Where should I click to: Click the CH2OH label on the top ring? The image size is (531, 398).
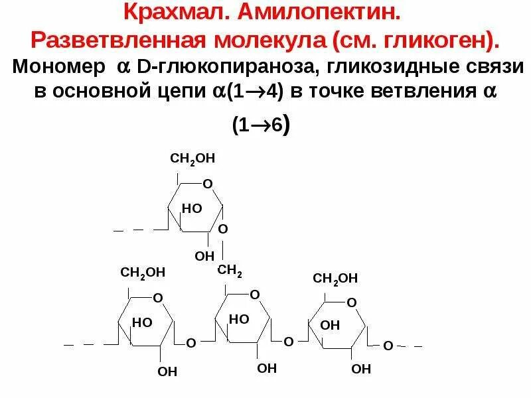[x=193, y=159]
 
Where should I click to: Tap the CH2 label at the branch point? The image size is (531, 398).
[x=230, y=271]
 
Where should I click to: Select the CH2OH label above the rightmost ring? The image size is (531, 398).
[x=336, y=278]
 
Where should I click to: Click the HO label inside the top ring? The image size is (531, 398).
[x=192, y=208]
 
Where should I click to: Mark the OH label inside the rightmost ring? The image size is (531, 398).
[x=330, y=325]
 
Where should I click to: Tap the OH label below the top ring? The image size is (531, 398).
[x=204, y=255]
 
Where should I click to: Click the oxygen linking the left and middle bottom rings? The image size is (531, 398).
[x=190, y=344]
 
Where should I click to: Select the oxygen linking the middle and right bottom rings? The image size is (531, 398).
[x=289, y=342]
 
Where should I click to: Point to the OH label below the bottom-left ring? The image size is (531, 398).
[x=167, y=371]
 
